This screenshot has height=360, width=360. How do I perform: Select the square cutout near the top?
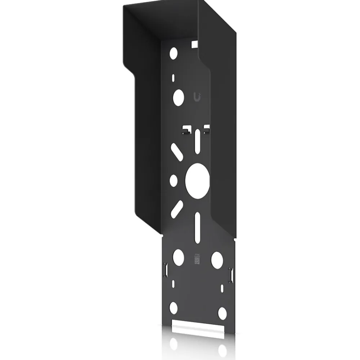pos(194,44)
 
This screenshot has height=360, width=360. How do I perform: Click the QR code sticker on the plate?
pos(197,258)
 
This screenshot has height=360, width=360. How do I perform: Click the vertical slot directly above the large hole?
pos(197,142)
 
